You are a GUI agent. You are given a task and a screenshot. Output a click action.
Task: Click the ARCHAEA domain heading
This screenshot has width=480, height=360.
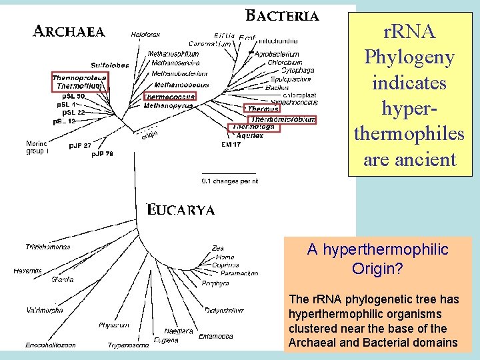tap(69, 31)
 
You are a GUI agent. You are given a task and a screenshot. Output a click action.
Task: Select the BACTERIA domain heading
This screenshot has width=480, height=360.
tap(283, 15)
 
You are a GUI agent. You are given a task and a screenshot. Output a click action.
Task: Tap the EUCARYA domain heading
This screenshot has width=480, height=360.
tap(181, 210)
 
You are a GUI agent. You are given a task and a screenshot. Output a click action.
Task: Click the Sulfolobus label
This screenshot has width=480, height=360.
tap(109, 65)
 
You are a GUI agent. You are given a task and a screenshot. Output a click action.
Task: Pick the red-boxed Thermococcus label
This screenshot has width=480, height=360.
tap(169, 97)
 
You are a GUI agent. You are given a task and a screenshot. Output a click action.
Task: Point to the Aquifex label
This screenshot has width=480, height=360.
tap(250, 135)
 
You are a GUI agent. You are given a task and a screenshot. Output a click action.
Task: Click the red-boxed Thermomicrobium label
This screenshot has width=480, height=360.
tap(283, 119)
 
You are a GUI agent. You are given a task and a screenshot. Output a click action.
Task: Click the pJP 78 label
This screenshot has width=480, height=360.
tap(103, 154)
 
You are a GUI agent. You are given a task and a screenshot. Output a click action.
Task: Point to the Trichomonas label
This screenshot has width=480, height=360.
tap(47, 247)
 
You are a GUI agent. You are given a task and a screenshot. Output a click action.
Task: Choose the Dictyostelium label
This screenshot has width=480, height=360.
tap(224, 310)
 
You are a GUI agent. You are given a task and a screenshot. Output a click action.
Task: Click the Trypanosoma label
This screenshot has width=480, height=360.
tap(129, 345)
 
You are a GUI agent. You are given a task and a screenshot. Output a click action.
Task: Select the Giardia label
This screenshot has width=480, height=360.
tap(63, 279)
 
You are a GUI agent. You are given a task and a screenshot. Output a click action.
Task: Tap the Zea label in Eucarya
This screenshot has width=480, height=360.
tap(218, 248)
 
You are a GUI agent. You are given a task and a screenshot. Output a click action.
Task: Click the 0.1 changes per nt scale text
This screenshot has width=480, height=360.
tap(230, 181)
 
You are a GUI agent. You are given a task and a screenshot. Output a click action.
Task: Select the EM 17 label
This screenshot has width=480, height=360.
tap(231, 144)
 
